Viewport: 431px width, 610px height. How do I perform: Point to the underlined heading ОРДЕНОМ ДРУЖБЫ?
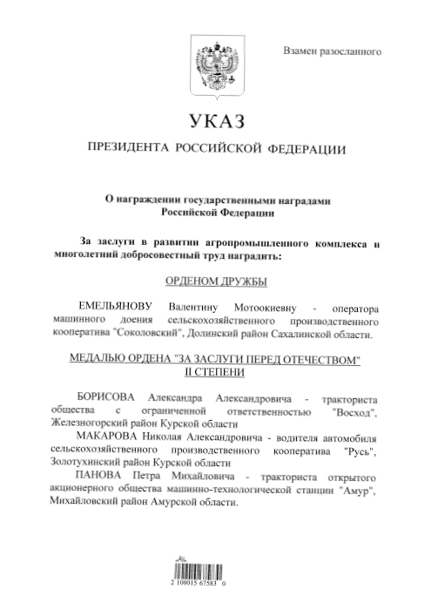coord(214,281)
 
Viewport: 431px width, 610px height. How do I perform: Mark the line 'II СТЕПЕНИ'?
coord(214,373)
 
